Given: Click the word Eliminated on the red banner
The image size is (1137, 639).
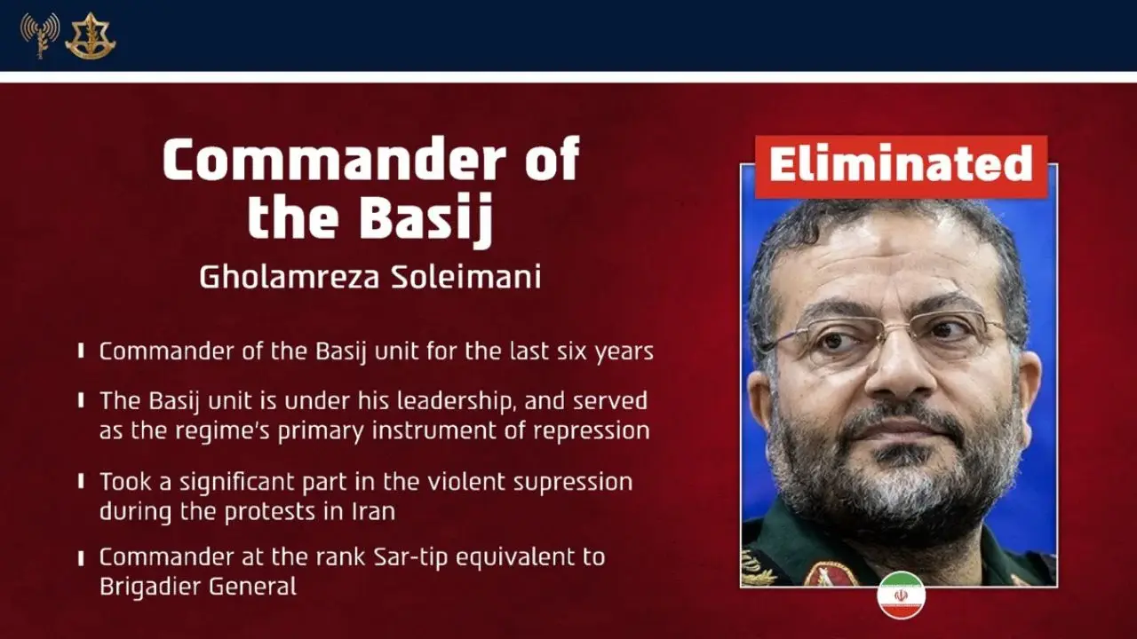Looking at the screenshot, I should (901, 166).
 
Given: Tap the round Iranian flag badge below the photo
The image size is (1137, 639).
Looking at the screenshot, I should (901, 596).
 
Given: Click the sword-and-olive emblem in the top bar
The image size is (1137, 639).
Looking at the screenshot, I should (90, 36).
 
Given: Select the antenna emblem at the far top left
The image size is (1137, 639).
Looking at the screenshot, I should (40, 35).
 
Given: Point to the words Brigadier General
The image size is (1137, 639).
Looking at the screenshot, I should (197, 587).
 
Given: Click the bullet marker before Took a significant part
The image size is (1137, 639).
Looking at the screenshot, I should (82, 482).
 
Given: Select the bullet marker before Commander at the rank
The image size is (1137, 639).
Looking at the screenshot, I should (82, 557).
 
